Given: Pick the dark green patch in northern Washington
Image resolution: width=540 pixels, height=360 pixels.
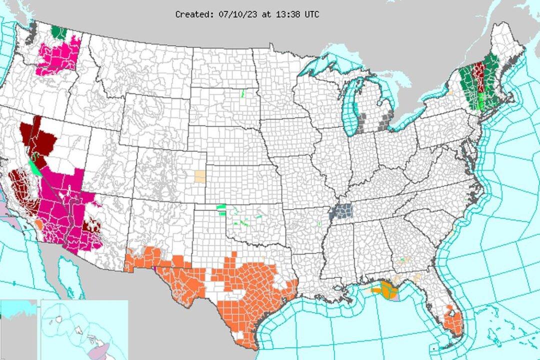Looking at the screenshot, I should pyautogui.click(x=59, y=32).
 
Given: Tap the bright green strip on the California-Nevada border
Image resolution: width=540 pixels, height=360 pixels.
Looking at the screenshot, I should pyautogui.click(x=35, y=165).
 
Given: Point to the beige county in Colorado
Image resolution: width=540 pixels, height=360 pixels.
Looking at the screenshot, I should pyautogui.click(x=200, y=176).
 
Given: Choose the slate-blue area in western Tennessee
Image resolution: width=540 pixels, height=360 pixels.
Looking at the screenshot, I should pyautogui.click(x=341, y=211).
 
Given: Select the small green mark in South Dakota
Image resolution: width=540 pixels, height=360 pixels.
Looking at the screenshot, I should pyautogui.click(x=242, y=93).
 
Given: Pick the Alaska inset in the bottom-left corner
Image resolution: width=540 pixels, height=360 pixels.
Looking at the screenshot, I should pyautogui.click(x=18, y=327).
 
